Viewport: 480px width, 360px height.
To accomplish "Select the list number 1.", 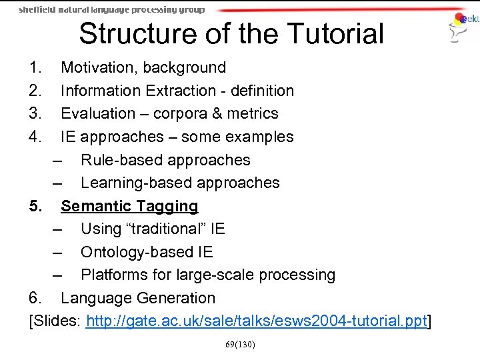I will coord(35,67).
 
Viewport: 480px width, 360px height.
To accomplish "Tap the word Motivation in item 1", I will coord(102,67).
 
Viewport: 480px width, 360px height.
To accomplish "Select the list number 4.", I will coord(35,137).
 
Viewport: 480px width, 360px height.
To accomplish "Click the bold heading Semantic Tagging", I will coord(129,206).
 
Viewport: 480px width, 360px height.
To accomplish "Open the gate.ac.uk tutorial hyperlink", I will coord(256,321).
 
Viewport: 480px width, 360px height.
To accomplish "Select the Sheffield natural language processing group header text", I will coord(111,9).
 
